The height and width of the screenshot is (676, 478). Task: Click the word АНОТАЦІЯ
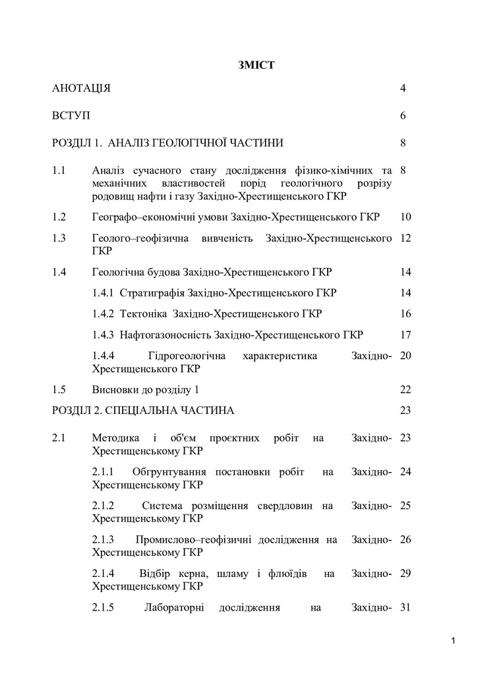click(81, 88)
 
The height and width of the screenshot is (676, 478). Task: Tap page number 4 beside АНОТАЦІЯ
click(403, 88)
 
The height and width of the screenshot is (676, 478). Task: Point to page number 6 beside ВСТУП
click(403, 116)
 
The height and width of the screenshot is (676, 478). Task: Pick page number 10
click(405, 217)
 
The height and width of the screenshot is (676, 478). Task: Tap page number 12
click(405, 238)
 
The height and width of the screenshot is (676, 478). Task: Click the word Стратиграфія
click(152, 292)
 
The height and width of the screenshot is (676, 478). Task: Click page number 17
click(405, 335)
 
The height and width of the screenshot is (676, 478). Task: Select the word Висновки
click(114, 389)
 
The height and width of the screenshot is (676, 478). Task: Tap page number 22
click(405, 389)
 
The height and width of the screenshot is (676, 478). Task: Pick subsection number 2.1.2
click(104, 506)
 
